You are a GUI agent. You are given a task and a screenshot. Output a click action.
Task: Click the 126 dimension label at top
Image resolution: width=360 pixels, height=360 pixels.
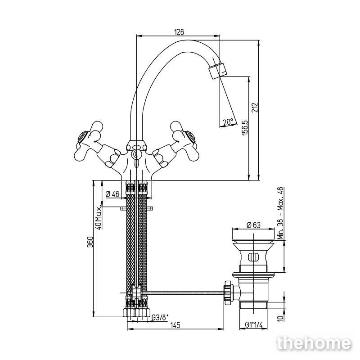click(179, 32)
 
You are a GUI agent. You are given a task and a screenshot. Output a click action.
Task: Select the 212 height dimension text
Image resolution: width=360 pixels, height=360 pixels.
click(255, 108)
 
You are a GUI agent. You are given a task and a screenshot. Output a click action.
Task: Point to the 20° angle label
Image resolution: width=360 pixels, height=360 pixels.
click(229, 121)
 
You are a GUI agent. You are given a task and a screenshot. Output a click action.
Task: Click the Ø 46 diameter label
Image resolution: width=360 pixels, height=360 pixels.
click(112, 194)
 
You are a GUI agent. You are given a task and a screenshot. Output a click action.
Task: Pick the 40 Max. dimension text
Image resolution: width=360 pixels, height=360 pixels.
click(98, 218)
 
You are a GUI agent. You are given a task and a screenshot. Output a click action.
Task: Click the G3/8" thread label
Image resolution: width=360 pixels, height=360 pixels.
click(160, 318)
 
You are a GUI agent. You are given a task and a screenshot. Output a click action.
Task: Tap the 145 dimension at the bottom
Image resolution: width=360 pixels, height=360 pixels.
click(175, 325)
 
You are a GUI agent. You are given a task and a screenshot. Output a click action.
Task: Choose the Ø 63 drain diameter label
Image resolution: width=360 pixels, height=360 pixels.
click(253, 225)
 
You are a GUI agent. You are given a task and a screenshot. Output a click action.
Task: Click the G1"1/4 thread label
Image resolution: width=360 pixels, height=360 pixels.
click(253, 324)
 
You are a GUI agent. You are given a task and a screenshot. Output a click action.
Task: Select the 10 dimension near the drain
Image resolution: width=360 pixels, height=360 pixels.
click(280, 318)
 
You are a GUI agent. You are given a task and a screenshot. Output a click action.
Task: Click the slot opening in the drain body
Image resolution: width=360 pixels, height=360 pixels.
click(253, 256)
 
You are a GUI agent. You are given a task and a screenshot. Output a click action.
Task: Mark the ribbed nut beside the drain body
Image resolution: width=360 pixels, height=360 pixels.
click(228, 292)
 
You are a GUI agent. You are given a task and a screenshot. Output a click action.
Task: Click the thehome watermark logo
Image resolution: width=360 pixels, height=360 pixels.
click(314, 343)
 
